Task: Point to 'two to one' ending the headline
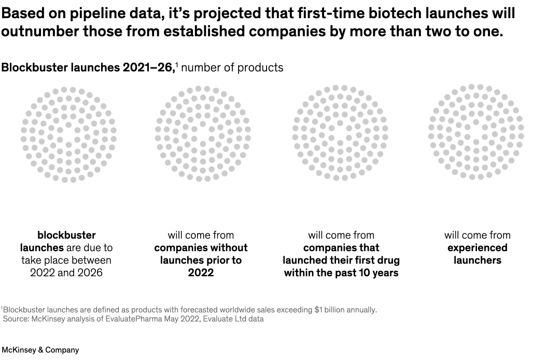click(463, 32)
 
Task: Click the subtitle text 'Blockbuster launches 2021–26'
click(88, 67)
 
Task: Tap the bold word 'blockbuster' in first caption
click(66, 235)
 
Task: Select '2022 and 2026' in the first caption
click(66, 272)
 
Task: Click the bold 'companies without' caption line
click(201, 247)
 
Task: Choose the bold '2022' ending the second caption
click(201, 272)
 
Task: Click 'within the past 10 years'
click(341, 272)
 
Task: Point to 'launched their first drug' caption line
click(341, 260)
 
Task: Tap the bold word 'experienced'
click(477, 247)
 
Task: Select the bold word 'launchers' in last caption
click(477, 260)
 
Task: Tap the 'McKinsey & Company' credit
click(40, 350)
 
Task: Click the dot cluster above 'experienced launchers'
click(476, 132)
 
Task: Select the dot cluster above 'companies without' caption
click(202, 134)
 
